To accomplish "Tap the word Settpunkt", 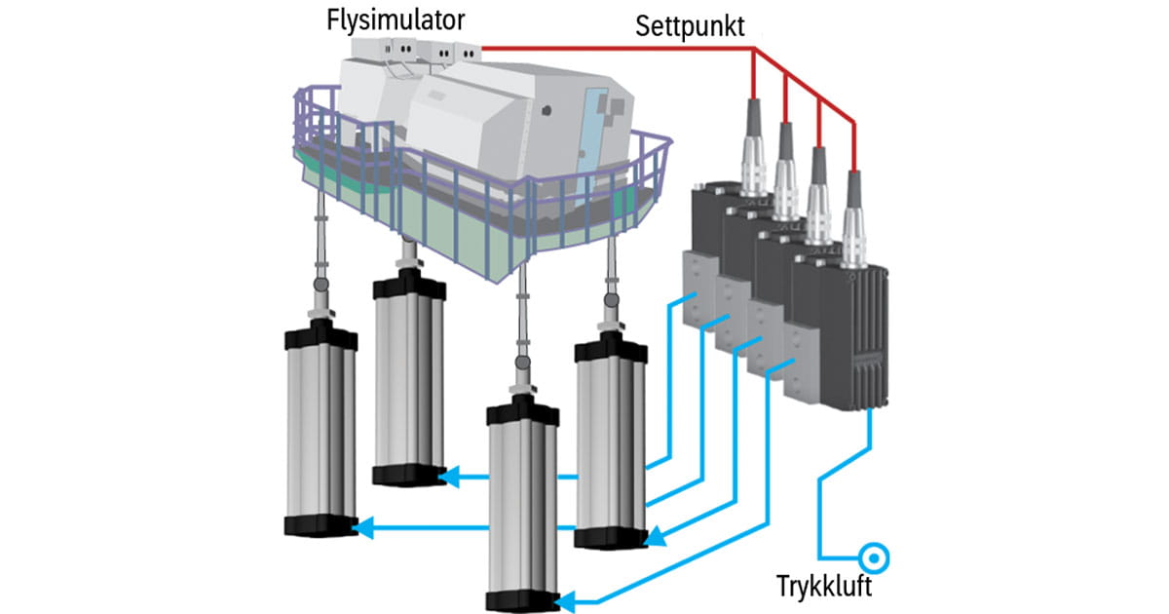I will tap(696, 25).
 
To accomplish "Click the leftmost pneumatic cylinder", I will tap(321, 434).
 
